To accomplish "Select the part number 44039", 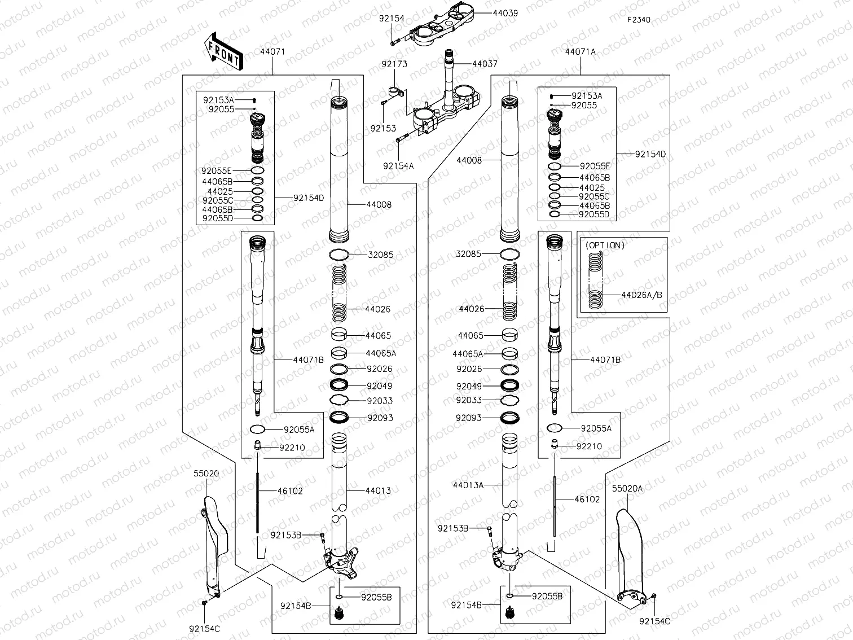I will [505, 12].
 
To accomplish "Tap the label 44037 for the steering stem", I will [485, 64].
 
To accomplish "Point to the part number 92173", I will [394, 64].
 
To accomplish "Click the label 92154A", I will [398, 166].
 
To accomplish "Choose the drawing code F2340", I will [639, 20].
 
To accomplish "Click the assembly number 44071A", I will [580, 51].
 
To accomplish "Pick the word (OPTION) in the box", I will [605, 246].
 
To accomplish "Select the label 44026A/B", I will [641, 295].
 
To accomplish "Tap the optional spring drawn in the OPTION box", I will [595, 280].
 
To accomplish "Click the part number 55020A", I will [627, 489].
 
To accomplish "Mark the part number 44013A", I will [468, 485].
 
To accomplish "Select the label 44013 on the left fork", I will [378, 490].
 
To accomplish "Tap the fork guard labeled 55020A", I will [627, 559].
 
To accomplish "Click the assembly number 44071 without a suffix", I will [272, 51].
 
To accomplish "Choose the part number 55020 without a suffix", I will [206, 474].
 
